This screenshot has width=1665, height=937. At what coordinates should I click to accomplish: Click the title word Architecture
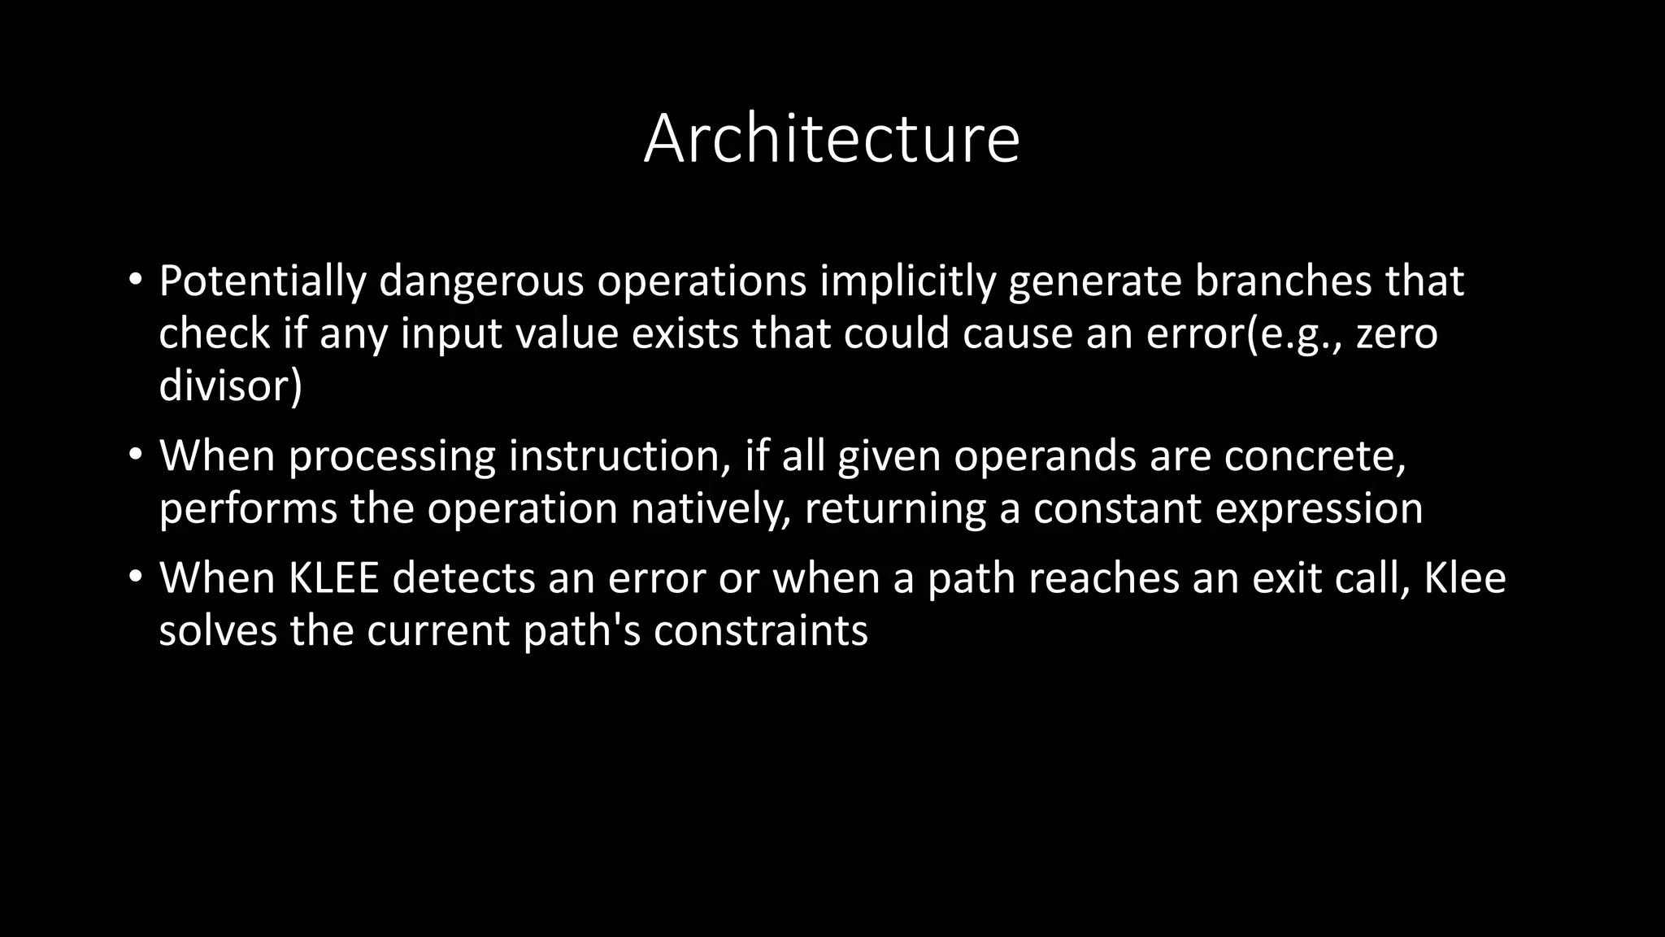pos(831,139)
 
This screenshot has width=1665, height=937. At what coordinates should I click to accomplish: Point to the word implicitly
pos(907,281)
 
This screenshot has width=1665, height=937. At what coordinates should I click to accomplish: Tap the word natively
pos(711,508)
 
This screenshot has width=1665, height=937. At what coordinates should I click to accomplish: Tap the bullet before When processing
pos(135,455)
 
